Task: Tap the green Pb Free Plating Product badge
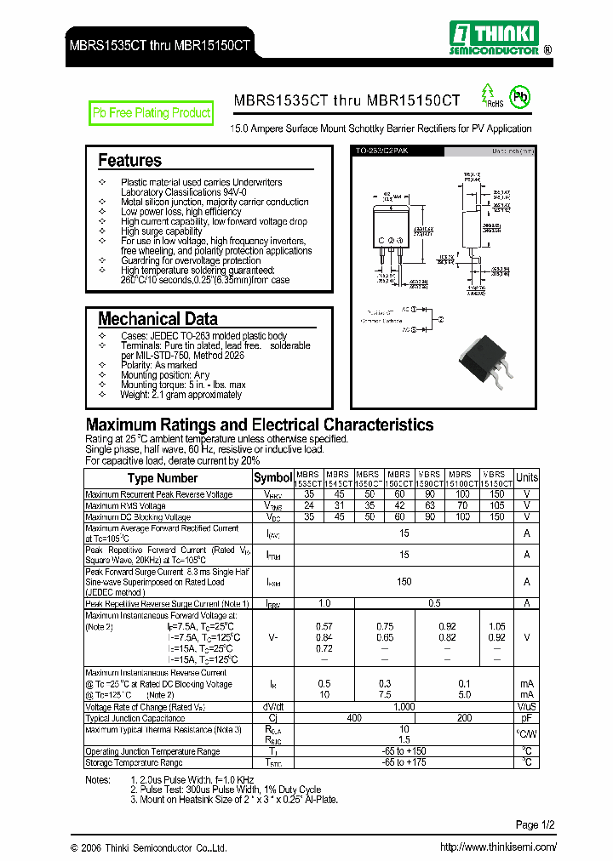[152, 113]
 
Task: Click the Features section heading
[129, 160]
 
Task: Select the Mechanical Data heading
[158, 319]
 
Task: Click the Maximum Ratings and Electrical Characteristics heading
[260, 425]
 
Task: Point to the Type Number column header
[163, 478]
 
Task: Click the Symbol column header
[272, 478]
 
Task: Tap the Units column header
[527, 478]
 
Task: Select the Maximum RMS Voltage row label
[125, 505]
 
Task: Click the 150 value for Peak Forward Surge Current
[404, 582]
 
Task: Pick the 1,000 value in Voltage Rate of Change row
[404, 707]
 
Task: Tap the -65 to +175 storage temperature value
[404, 762]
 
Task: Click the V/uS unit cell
[527, 707]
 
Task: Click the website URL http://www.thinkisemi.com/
[498, 847]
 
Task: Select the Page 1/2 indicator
[536, 824]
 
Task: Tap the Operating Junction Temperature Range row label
[152, 751]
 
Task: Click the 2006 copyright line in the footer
[149, 847]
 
